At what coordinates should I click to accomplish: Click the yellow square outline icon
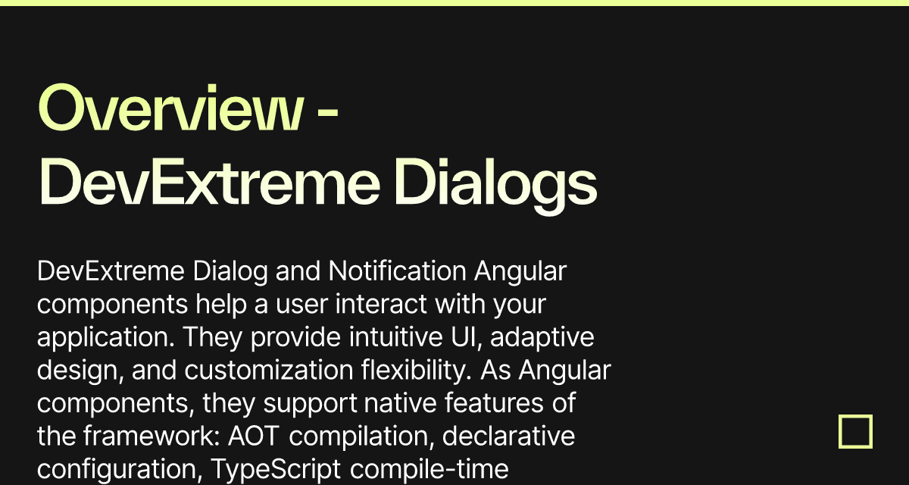(x=855, y=432)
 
